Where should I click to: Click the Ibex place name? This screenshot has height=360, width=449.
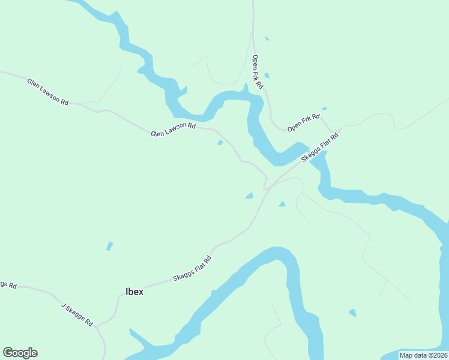click(134, 292)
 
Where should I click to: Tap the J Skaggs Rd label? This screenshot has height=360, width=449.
click(77, 314)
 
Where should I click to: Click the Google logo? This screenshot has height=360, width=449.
click(20, 353)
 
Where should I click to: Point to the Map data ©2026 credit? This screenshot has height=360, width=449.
click(423, 355)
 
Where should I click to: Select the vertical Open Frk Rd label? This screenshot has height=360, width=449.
click(258, 72)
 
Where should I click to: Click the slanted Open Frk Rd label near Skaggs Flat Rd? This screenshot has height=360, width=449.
click(304, 123)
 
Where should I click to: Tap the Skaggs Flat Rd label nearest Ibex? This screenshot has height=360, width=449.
click(193, 269)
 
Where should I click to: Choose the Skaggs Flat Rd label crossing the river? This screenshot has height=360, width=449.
click(320, 148)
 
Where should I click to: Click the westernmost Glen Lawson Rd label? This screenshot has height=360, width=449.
click(47, 91)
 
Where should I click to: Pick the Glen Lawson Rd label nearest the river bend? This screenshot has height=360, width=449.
click(173, 129)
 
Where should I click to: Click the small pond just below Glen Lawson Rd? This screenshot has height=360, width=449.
click(220, 143)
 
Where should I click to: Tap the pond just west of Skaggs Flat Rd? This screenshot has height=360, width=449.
click(249, 196)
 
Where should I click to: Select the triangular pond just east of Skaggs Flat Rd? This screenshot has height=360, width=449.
click(282, 205)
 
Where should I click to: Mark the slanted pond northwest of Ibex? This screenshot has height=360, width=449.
click(109, 246)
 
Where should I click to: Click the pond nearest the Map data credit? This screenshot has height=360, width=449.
click(352, 313)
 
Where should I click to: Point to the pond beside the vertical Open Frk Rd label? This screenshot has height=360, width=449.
click(267, 76)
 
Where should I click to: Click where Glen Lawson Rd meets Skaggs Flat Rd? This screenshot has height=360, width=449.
click(265, 188)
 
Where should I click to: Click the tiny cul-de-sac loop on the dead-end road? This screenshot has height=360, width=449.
click(381, 293)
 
